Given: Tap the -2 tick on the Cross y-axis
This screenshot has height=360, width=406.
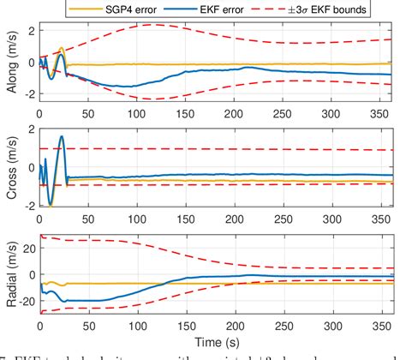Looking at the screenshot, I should [x=28, y=207].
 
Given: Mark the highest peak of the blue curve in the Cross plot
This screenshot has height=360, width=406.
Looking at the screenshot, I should [x=62, y=136].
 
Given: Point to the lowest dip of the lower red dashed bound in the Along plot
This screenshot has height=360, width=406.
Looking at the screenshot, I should [x=150, y=99].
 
